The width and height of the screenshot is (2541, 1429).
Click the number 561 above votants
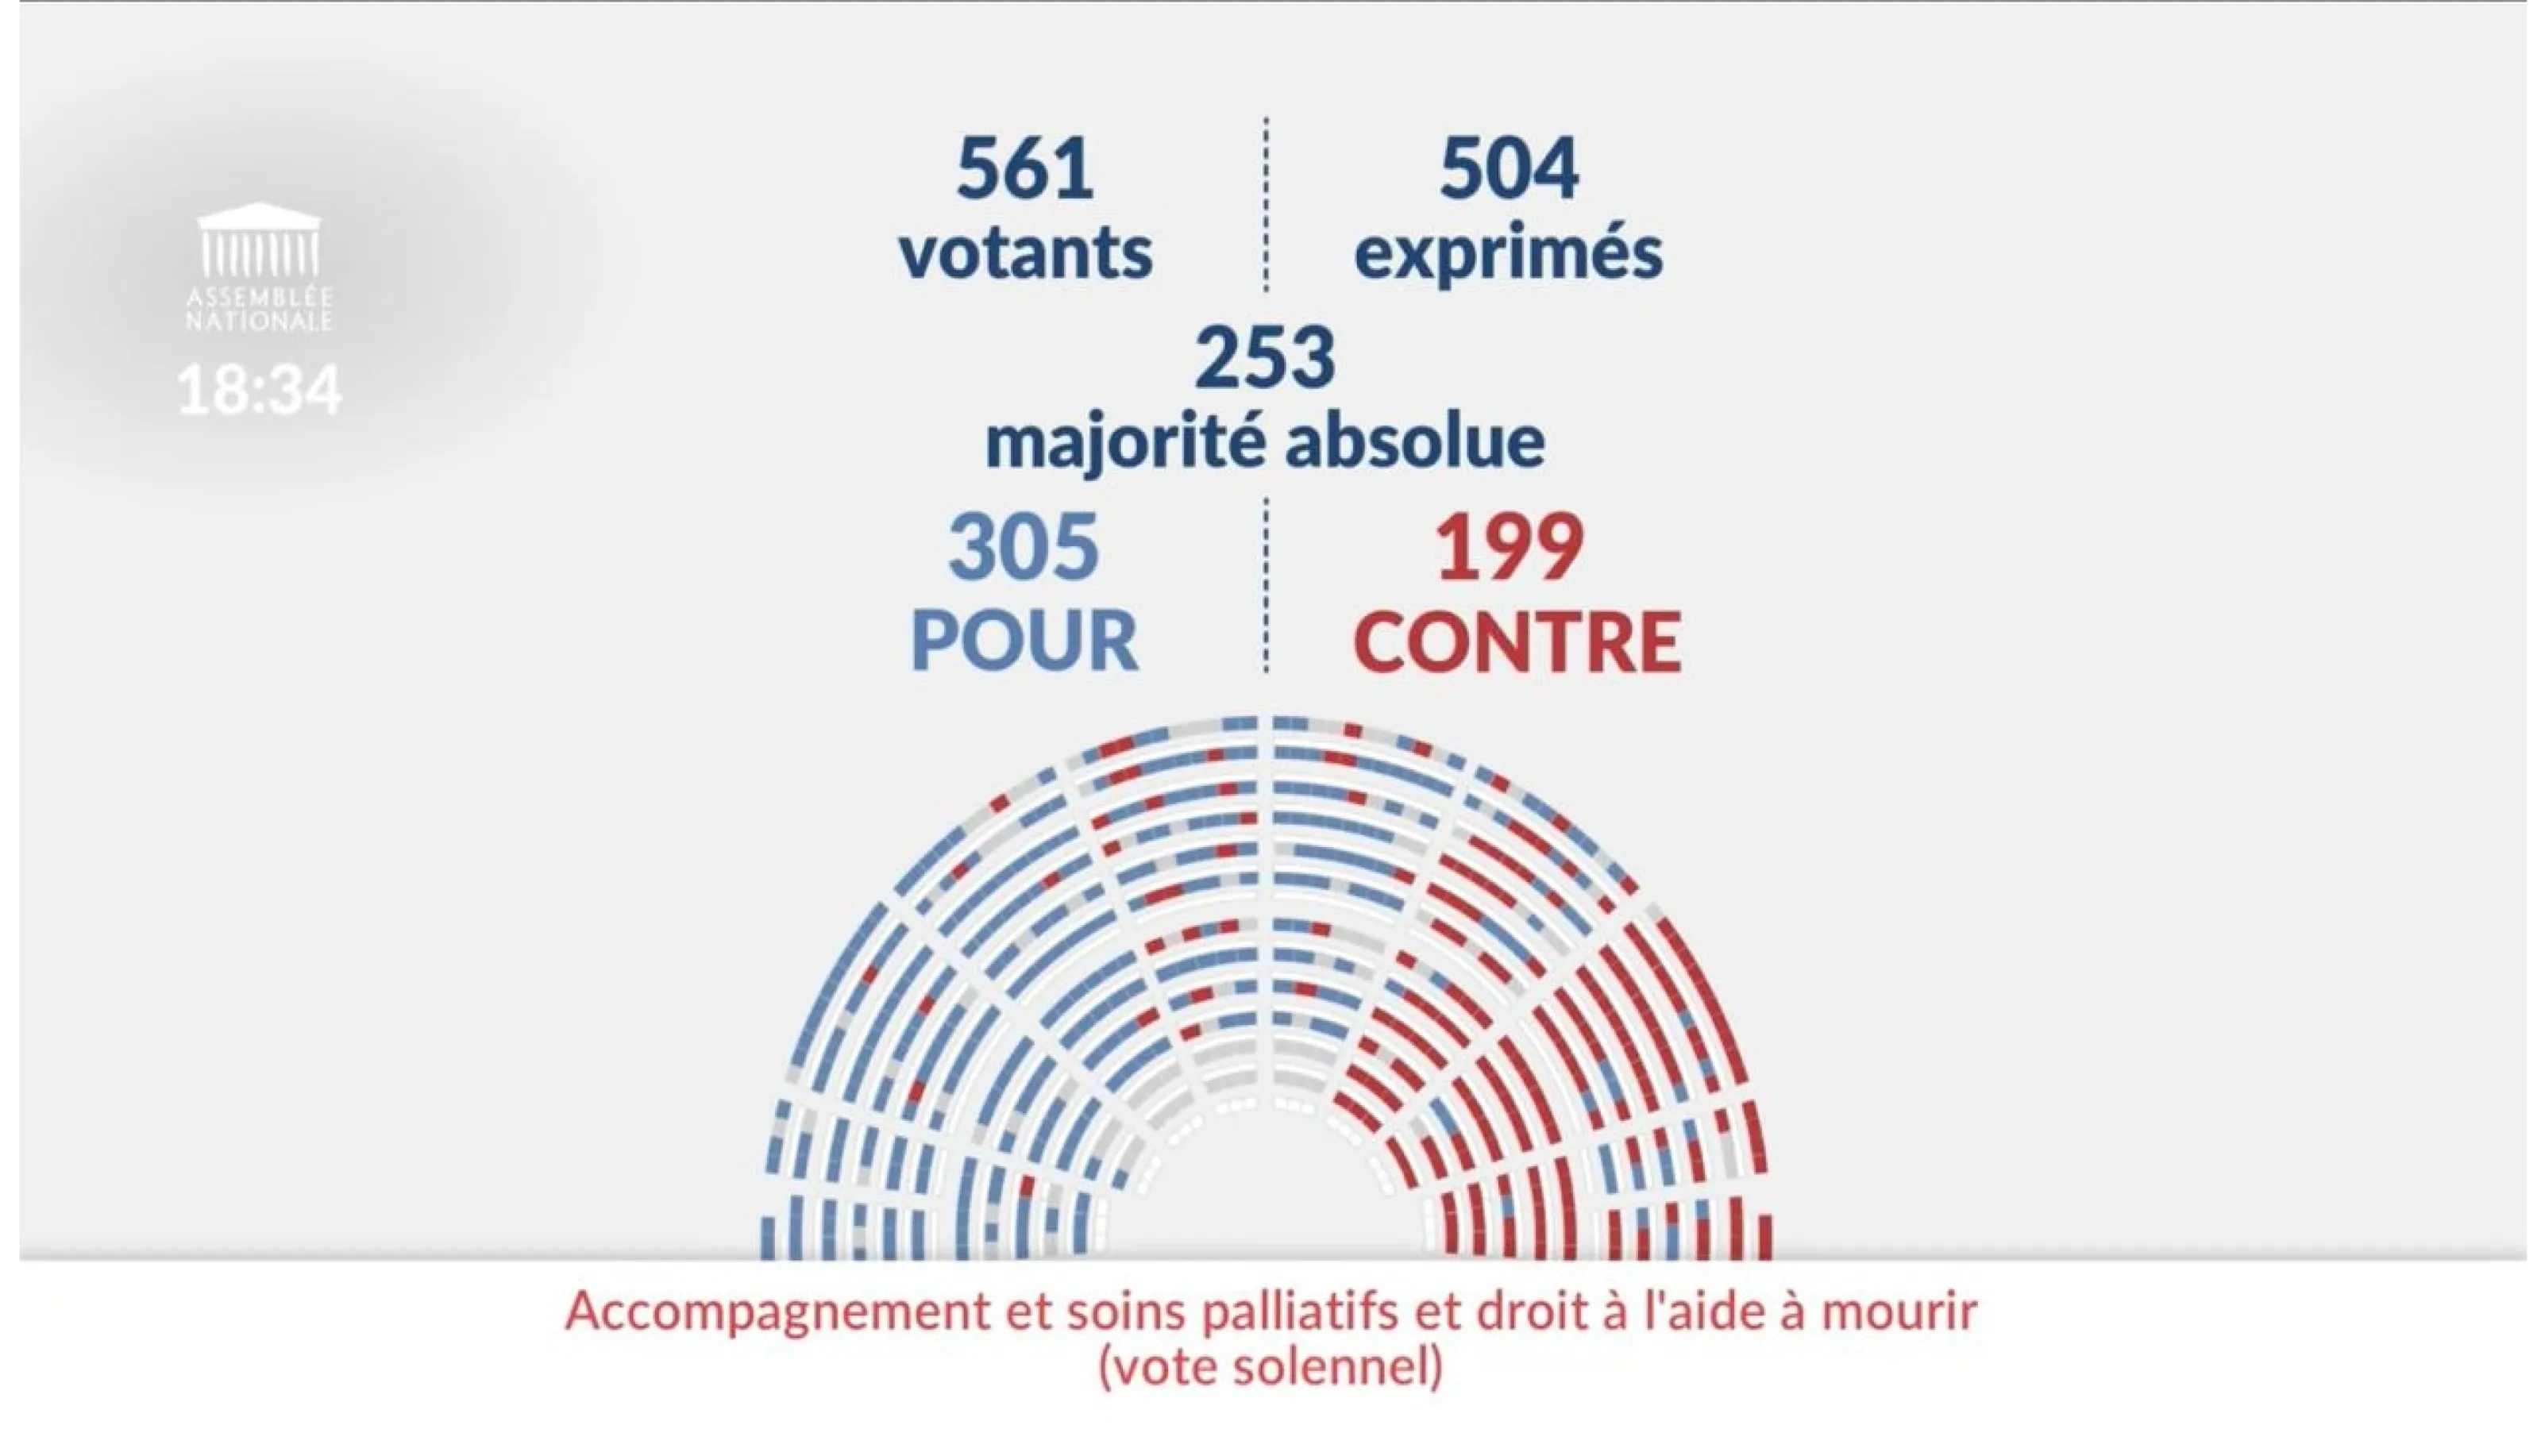coord(1025,168)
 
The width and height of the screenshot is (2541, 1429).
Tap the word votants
coord(1025,252)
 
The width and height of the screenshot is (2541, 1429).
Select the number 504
coord(1508,168)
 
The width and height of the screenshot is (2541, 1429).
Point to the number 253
coord(1266,358)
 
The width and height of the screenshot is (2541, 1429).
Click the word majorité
coord(1124,444)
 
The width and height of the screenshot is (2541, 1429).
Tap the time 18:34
coord(260,390)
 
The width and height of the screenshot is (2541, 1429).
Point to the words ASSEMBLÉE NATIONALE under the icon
coord(260,310)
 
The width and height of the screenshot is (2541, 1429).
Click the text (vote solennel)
coord(1270,1368)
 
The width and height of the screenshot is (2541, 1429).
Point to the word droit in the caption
coord(1530,1311)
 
